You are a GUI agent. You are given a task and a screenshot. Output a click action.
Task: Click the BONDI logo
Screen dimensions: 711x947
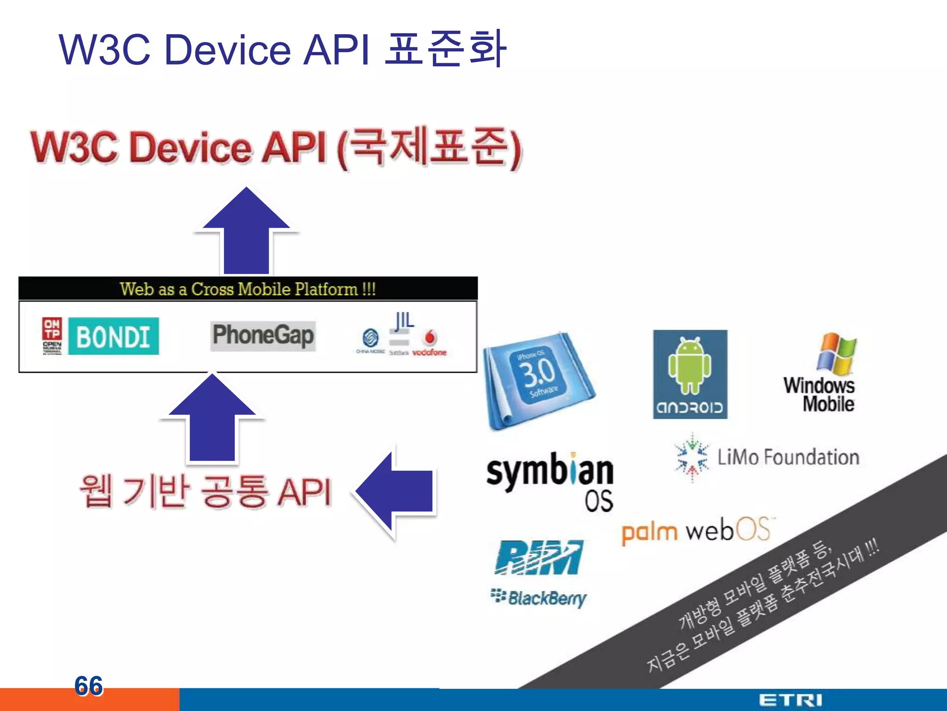pyautogui.click(x=113, y=337)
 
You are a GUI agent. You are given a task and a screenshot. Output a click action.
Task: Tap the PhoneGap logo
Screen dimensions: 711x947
pyautogui.click(x=263, y=336)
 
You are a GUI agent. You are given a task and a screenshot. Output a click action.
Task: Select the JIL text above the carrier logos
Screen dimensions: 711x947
pyautogui.click(x=404, y=320)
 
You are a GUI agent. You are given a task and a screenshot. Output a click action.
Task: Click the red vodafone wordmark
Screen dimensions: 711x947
pyautogui.click(x=429, y=352)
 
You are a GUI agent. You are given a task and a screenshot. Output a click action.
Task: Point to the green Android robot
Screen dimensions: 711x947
pyautogui.click(x=689, y=366)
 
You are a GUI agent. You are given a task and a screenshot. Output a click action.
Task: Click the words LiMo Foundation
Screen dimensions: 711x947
pyautogui.click(x=788, y=457)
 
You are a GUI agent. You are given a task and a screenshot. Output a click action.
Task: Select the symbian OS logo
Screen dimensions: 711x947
pyautogui.click(x=550, y=481)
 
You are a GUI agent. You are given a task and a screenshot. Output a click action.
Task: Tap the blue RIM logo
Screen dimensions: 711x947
pyautogui.click(x=539, y=558)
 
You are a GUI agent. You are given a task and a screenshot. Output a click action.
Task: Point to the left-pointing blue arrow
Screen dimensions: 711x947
pyautogui.click(x=396, y=492)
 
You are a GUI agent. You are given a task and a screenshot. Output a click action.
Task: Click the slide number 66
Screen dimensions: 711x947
pyautogui.click(x=88, y=686)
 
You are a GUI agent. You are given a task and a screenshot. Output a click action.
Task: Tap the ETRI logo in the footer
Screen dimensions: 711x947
pyautogui.click(x=790, y=700)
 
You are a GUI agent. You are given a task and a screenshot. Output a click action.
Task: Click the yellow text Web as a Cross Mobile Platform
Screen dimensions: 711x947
pyautogui.click(x=248, y=289)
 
